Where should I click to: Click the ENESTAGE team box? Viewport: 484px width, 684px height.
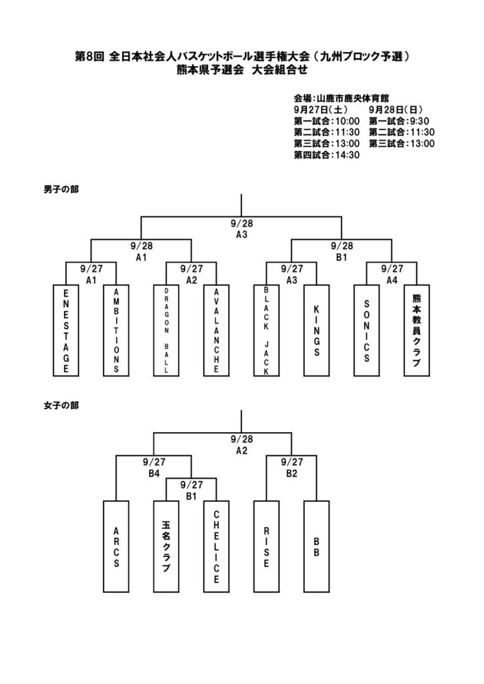66,331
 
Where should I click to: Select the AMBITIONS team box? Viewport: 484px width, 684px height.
116,331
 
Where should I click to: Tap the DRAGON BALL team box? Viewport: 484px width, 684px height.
166,331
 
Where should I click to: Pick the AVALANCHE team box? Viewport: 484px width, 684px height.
217,331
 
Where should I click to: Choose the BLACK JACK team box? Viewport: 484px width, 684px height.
266,331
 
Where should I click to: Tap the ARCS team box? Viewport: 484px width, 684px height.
116,546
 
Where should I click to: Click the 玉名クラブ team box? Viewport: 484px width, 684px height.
166,546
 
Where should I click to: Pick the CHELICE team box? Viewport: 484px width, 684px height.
217,546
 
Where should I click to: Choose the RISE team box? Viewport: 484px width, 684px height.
266,546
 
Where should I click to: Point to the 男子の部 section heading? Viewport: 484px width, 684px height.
61,190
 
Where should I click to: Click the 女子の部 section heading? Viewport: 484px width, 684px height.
61,405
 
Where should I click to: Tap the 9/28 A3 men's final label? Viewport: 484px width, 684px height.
241,229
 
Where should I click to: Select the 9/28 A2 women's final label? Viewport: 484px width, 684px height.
241,445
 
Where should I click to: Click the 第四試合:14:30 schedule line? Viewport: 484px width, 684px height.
327,154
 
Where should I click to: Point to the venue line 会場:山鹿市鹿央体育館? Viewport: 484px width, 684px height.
341,98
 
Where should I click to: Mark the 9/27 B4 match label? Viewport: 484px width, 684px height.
154,466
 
